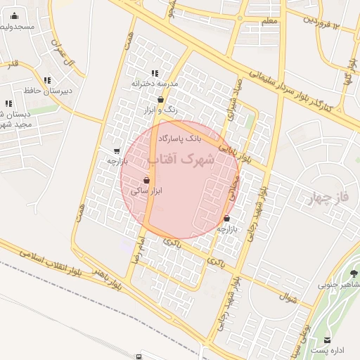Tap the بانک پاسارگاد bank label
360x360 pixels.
click(180, 139)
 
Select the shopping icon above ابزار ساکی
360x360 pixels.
click(146, 180)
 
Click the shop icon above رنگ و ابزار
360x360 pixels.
click(161, 100)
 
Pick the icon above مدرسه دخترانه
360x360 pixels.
click(155, 73)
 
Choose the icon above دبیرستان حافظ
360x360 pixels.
click(46, 80)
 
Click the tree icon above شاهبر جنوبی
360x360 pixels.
click(354, 273)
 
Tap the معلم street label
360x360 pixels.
click(269, 21)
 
